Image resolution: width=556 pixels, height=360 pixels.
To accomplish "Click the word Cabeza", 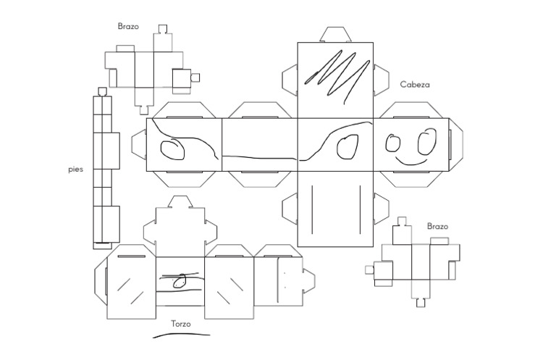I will [x=415, y=85].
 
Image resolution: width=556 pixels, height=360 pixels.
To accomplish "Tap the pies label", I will [x=75, y=169].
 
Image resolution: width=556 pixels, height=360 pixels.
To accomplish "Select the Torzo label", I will [x=180, y=324].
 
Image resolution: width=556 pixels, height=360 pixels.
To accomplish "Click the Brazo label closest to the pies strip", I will [x=128, y=27].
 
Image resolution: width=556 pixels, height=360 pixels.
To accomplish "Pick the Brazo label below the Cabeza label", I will [x=437, y=226].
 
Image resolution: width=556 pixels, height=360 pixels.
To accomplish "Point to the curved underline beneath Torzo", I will [x=181, y=335].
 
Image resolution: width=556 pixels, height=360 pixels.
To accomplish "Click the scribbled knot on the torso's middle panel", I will [x=181, y=279].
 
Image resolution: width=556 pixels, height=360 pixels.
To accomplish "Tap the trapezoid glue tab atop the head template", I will [x=335, y=34].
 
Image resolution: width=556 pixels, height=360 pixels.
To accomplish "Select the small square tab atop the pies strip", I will [x=102, y=91].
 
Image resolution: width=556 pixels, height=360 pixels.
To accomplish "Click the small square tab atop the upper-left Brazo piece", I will [x=163, y=29].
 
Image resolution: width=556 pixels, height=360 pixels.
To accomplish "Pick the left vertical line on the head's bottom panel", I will [x=312, y=209].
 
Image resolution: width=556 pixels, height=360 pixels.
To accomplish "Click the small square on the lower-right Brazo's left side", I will [x=369, y=269].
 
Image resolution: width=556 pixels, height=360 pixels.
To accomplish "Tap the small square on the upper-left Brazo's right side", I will [x=194, y=76].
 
